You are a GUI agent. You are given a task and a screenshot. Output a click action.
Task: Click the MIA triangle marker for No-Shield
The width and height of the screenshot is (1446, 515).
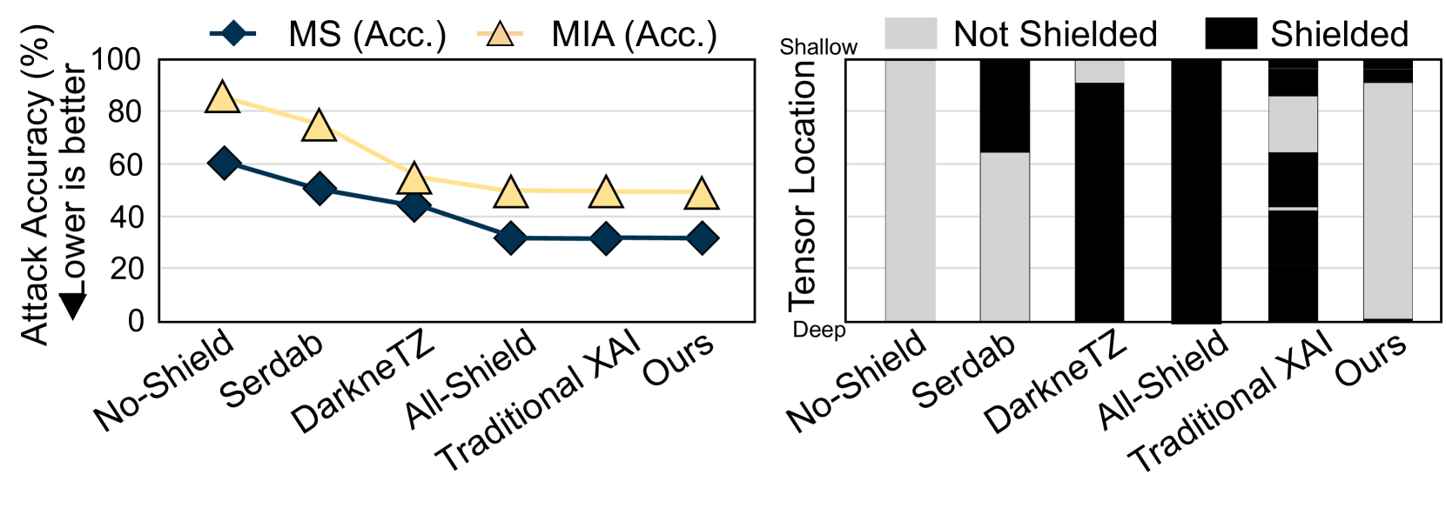pos(223,97)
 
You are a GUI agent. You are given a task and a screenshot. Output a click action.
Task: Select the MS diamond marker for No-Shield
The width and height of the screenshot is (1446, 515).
pos(224,163)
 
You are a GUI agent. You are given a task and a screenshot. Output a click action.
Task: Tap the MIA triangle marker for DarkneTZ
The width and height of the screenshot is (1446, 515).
pos(414,177)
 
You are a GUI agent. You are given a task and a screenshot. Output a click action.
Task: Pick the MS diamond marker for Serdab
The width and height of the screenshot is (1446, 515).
pos(319,188)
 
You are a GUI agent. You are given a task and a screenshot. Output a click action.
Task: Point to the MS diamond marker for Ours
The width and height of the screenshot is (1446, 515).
pos(702,238)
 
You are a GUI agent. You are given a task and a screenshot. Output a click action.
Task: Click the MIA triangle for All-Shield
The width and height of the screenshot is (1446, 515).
pos(510,191)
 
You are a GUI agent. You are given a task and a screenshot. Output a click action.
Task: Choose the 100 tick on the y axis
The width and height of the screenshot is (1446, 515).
pos(116,60)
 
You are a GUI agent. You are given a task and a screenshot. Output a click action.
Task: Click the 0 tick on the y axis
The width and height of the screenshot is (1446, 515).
pos(136,321)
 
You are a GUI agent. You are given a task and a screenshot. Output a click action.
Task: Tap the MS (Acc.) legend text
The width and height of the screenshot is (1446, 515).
pos(367,35)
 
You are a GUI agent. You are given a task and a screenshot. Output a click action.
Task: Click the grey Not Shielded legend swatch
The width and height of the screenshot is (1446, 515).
pos(911,34)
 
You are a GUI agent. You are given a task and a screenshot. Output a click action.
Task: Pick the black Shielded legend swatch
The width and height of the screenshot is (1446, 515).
pos(1230,34)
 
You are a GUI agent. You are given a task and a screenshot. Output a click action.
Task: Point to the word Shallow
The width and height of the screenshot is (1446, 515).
pos(818,47)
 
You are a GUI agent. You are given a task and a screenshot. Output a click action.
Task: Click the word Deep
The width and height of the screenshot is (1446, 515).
pos(819,331)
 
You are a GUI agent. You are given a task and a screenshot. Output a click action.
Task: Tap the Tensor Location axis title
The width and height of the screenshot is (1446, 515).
pos(803,187)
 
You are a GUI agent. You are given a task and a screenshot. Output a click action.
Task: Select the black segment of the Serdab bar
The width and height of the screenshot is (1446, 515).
pos(1005,106)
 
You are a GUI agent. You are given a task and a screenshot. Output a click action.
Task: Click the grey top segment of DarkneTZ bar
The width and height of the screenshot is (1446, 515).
pos(1100,71)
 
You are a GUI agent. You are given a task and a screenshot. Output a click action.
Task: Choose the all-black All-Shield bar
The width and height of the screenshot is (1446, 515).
pos(1195,191)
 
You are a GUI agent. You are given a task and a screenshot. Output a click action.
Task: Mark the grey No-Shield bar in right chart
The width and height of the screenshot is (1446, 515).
pos(910,191)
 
